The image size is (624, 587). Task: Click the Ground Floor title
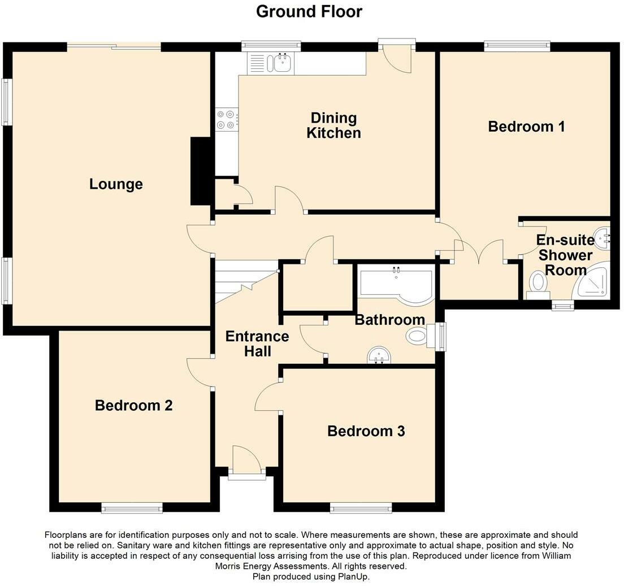[x=309, y=11]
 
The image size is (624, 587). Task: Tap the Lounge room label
[x=116, y=184]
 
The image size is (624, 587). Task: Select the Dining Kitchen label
[x=333, y=125]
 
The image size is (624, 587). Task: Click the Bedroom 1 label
[x=526, y=127]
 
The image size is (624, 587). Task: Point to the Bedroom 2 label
[x=133, y=405]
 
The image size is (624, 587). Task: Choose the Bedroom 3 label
[x=366, y=431]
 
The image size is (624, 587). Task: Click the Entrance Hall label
[x=257, y=343]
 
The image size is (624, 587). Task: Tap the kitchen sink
[x=281, y=63]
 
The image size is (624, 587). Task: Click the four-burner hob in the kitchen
[x=226, y=120]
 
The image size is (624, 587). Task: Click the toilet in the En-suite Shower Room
[x=538, y=285]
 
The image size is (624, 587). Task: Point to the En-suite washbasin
[x=603, y=237]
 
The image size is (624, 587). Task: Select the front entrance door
[x=247, y=463]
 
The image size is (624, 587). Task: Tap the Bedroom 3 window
[x=361, y=507]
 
